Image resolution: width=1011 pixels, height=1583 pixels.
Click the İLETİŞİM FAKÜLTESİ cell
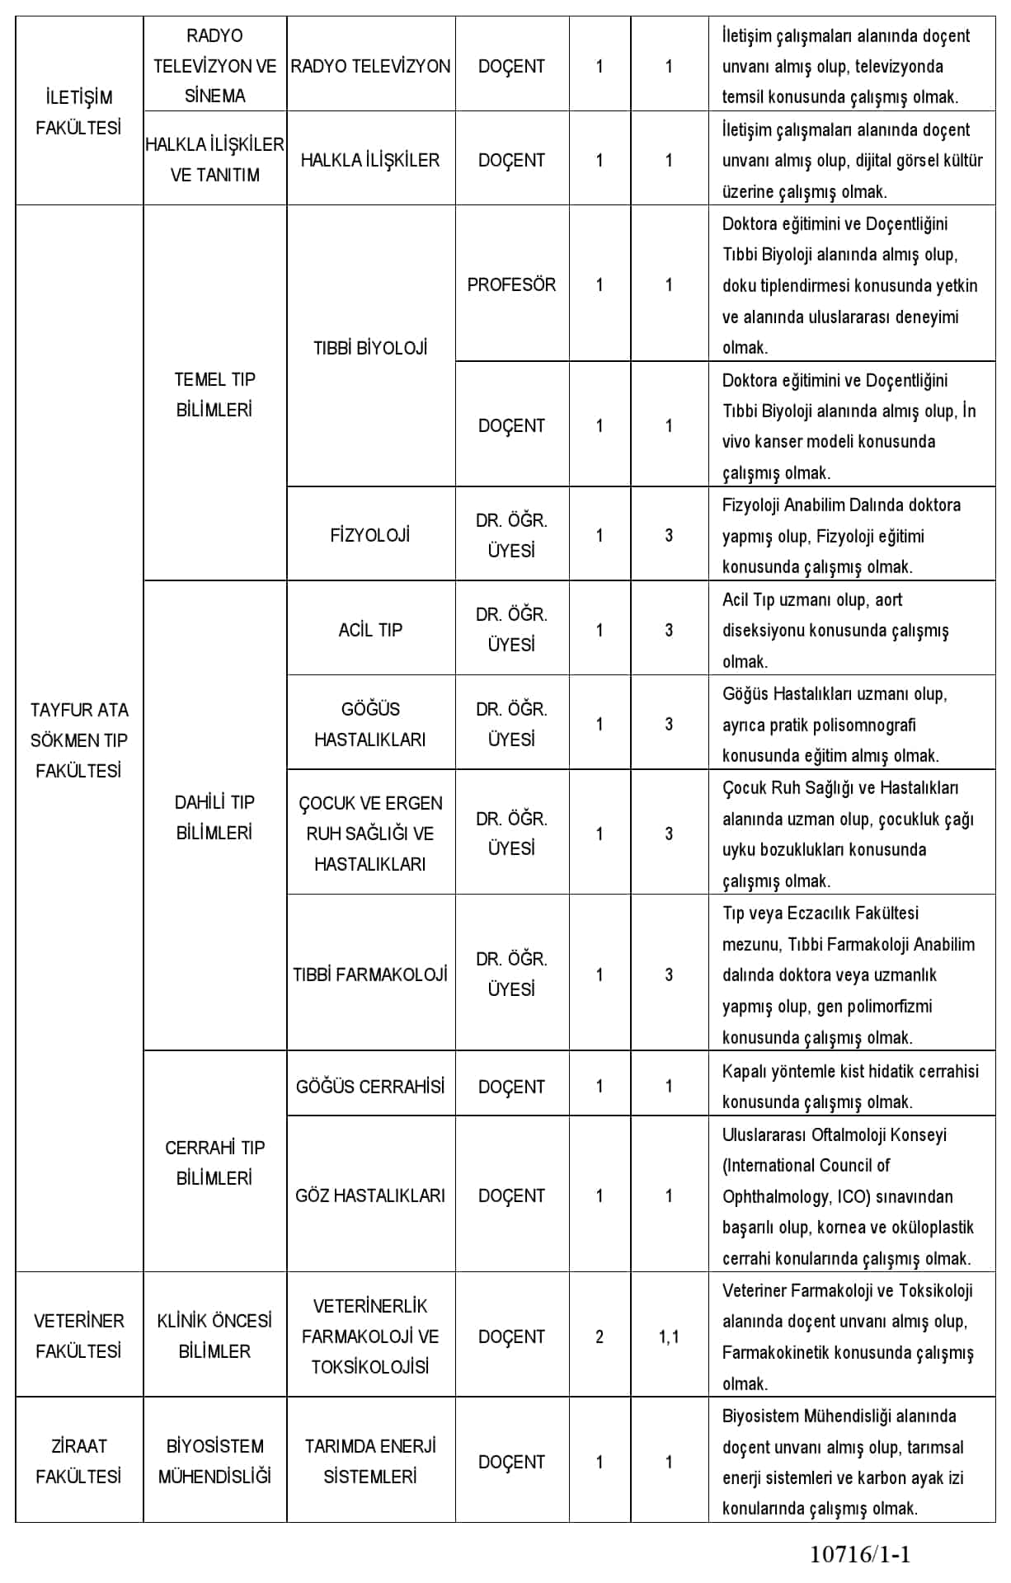(78, 112)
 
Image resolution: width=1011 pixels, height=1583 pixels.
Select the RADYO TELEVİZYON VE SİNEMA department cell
(214, 66)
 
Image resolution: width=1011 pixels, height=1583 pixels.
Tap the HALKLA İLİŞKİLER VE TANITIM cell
(214, 159)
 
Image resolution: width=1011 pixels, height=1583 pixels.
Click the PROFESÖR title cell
(511, 284)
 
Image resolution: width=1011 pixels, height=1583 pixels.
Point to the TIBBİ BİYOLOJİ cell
(370, 348)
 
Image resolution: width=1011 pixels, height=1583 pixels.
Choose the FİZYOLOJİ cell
(370, 535)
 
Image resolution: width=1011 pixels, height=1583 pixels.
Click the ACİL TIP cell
(370, 630)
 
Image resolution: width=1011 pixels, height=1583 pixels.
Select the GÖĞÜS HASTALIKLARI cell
(370, 724)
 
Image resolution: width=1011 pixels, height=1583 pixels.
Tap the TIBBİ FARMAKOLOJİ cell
(370, 975)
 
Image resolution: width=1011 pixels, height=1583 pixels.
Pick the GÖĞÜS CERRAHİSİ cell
(370, 1087)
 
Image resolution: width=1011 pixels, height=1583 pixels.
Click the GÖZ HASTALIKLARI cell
(370, 1195)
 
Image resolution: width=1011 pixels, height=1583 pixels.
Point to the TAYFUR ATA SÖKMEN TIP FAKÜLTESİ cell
(78, 740)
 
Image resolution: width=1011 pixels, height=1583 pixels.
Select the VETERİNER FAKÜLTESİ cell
(78, 1336)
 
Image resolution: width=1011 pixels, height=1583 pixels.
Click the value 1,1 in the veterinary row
(669, 1336)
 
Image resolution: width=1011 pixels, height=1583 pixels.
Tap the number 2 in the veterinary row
(600, 1336)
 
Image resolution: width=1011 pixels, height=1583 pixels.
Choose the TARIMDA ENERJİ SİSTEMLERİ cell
(370, 1461)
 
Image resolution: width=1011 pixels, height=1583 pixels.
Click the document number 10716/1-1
(860, 1555)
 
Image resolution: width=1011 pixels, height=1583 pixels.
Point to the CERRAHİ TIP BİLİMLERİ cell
(214, 1163)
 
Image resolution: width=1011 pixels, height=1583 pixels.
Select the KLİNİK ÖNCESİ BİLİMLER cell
(214, 1336)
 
